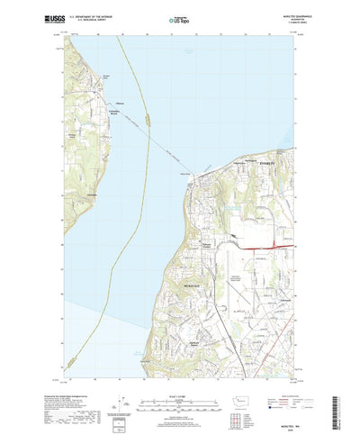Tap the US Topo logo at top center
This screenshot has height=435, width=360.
tap(180, 18)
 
